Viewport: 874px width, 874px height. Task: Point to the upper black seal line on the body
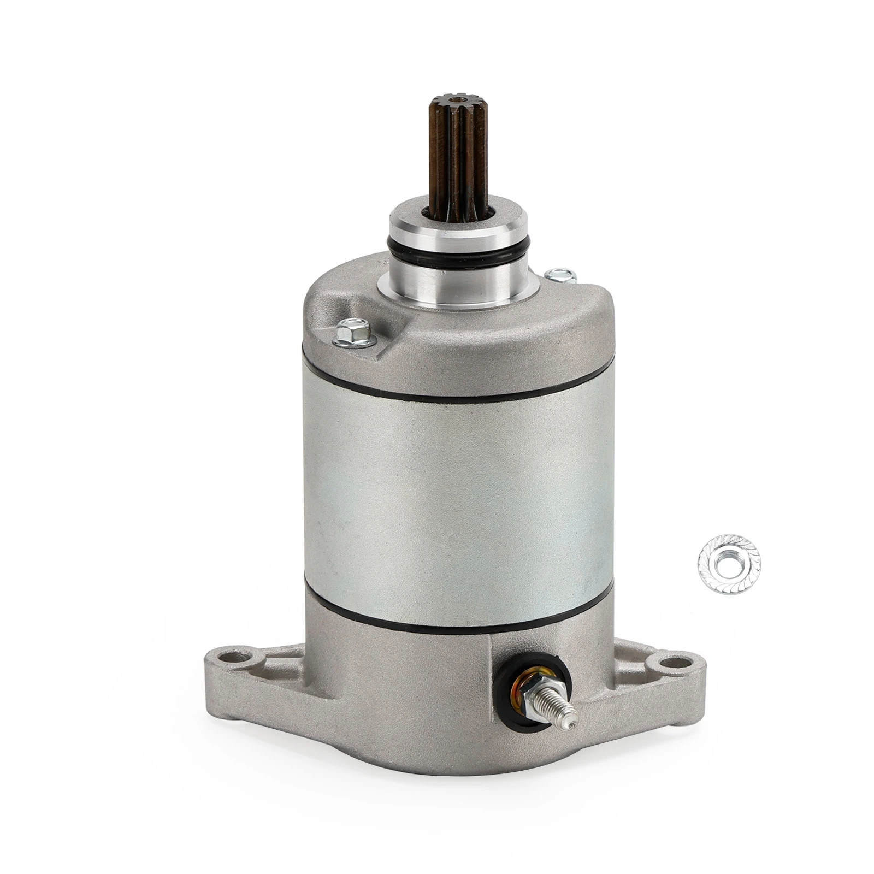tap(453, 394)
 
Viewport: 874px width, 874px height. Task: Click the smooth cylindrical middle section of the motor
tap(453, 508)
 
